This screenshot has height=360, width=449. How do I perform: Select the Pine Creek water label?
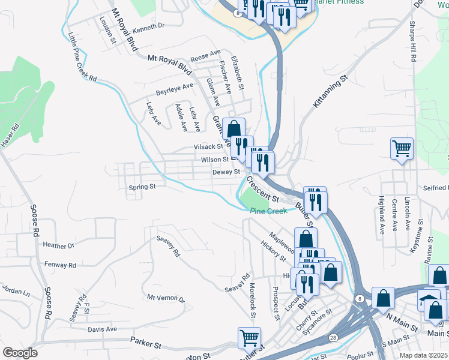[x=269, y=211]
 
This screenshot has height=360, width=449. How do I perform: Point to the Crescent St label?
[x=263, y=188]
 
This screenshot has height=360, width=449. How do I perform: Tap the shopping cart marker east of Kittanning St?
[x=401, y=148]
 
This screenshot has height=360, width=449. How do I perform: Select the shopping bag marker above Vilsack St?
[x=234, y=128]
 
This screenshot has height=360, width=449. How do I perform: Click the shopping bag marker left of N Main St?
[x=383, y=297]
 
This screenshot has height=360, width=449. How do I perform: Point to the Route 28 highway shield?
[x=333, y=338]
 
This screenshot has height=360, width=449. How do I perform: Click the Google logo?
[x=19, y=353]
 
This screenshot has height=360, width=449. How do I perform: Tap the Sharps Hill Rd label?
[x=413, y=45]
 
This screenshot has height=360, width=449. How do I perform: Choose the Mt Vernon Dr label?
[x=166, y=298]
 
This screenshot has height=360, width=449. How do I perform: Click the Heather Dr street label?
[x=58, y=245]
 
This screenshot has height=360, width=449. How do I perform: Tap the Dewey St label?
[x=226, y=172]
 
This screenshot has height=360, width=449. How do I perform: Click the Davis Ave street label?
[x=102, y=329]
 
